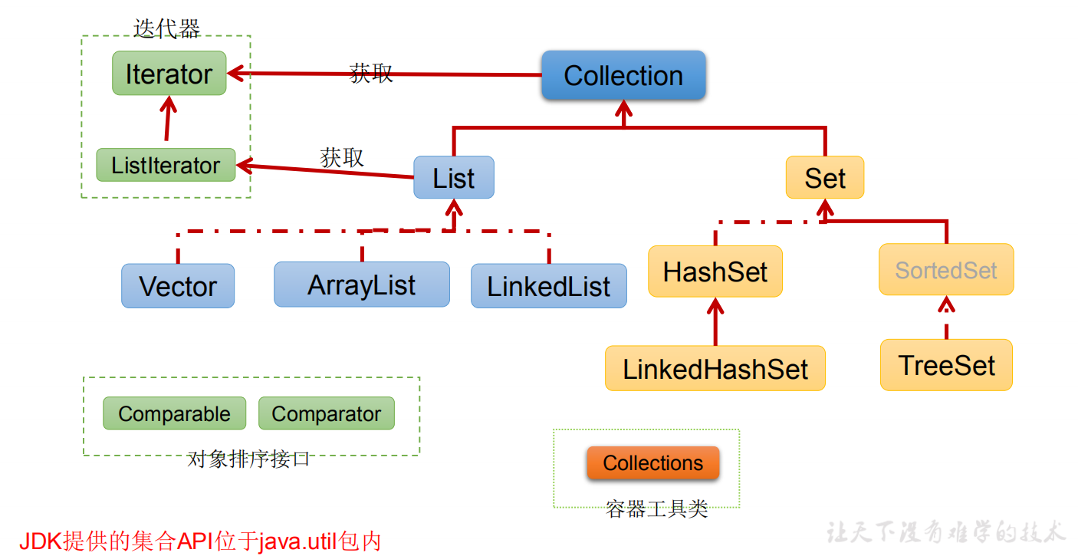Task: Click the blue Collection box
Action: [623, 75]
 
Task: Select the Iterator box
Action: [169, 74]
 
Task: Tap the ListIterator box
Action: [166, 165]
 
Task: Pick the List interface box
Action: [454, 178]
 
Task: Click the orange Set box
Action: [825, 178]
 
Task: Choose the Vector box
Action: [178, 286]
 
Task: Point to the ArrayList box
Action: [362, 285]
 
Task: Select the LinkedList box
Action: [549, 286]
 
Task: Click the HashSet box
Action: [715, 271]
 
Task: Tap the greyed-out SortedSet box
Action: [946, 270]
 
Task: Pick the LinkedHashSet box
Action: [715, 369]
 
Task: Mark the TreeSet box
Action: [946, 365]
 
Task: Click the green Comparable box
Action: [174, 414]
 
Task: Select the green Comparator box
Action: [327, 414]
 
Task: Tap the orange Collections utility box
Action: [653, 463]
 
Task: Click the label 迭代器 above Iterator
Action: [166, 29]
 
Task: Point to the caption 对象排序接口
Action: [249, 459]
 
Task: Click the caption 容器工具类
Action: [656, 509]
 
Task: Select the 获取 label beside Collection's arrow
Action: [371, 73]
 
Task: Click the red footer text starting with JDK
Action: [199, 541]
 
